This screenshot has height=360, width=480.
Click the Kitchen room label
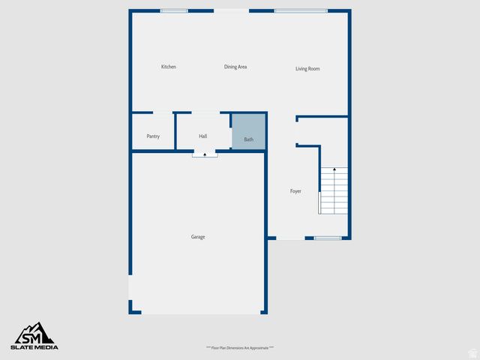click(x=169, y=67)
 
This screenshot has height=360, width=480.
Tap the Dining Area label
click(x=235, y=67)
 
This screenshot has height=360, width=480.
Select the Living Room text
click(x=307, y=69)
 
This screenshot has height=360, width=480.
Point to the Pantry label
click(x=153, y=136)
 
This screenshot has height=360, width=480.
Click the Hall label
click(x=202, y=136)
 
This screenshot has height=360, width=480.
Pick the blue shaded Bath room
click(x=248, y=132)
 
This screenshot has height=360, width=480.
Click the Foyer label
click(x=295, y=192)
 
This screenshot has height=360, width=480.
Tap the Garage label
click(x=197, y=237)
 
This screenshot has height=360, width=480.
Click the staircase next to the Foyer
click(x=334, y=192)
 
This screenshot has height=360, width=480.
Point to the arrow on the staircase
click(x=334, y=172)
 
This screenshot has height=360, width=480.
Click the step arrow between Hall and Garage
click(x=205, y=154)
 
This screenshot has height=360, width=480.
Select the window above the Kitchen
click(x=174, y=11)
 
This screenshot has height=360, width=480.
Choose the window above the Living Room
click(x=300, y=11)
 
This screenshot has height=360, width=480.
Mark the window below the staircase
click(x=328, y=238)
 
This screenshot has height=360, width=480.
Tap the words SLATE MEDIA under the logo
click(x=34, y=347)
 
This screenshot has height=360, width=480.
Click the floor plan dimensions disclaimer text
click(x=240, y=348)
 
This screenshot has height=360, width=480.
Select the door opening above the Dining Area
click(x=231, y=11)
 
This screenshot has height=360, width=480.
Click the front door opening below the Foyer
click(x=290, y=238)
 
